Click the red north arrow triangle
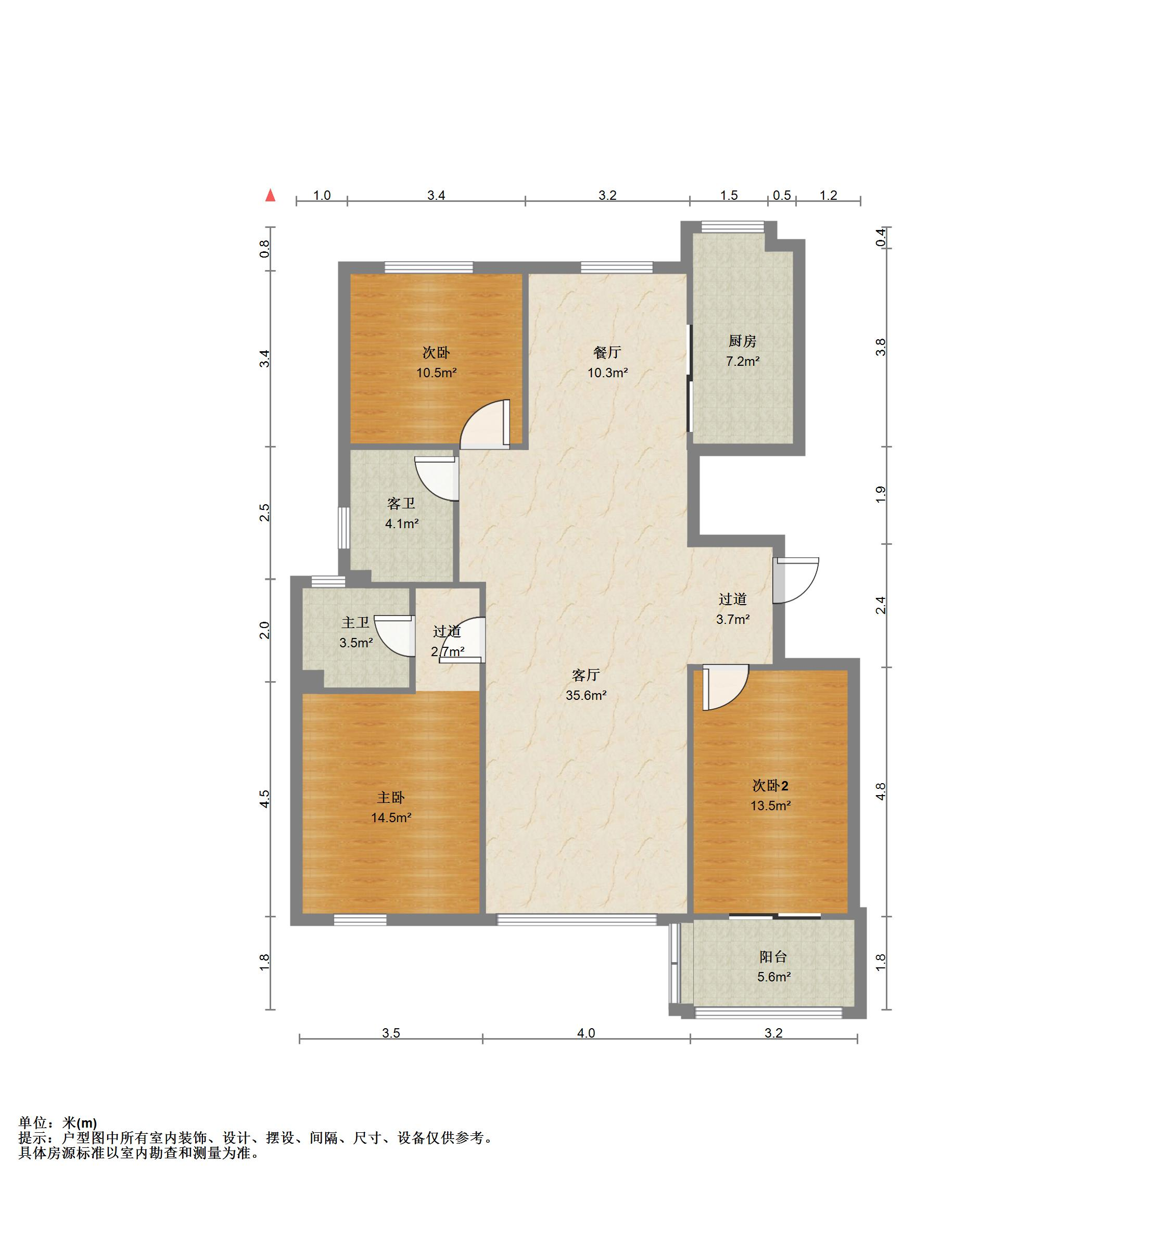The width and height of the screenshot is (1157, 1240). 270,195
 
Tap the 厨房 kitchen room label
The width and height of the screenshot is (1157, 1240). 742,341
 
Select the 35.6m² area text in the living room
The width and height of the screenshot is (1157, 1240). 586,695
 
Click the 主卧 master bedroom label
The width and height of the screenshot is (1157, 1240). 391,797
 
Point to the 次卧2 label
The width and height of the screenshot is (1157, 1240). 770,785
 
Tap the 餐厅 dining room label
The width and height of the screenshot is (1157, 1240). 607,352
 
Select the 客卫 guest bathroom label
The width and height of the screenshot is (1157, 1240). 401,503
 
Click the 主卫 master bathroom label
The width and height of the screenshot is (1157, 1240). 355,622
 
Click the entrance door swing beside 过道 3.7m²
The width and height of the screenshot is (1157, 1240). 795,580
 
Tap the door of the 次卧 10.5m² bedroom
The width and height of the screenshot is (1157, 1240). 485,424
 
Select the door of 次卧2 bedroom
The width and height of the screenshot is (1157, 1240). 726,687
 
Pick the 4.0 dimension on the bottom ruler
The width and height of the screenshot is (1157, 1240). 586,1033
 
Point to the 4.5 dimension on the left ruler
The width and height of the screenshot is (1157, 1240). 265,799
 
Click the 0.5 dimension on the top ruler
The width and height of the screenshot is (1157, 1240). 782,195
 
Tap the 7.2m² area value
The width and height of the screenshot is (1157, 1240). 742,361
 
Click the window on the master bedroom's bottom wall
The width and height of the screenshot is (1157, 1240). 360,919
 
